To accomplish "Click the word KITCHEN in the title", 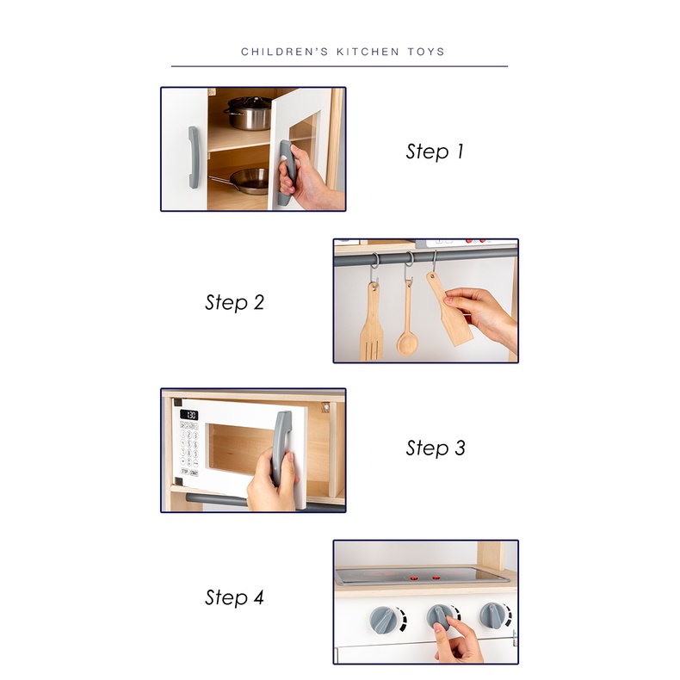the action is coord(368,52).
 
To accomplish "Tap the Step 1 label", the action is coord(435,151).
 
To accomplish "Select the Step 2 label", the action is coord(235,302).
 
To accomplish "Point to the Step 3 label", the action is coord(436,448).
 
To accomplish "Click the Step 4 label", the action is coord(234,597).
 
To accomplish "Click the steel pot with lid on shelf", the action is coord(248,113).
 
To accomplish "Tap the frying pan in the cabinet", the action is coord(243,180).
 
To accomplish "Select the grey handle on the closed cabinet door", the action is coord(194,158).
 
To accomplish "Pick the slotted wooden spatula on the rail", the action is coord(372,323).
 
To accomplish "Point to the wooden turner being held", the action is coord(448,310).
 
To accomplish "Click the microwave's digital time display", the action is coord(189,415).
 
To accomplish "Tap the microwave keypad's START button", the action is coord(194,473).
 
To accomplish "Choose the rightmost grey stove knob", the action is coord(494,615).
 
